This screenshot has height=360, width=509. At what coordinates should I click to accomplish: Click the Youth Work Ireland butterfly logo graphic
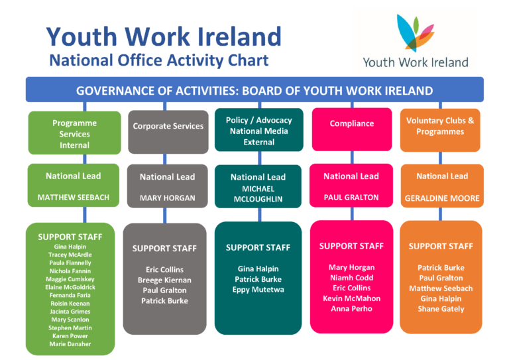415,32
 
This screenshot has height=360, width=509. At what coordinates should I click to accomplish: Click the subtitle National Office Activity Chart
159,60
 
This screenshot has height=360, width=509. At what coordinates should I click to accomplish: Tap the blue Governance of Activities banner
254,90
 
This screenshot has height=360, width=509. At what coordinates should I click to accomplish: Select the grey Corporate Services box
168,132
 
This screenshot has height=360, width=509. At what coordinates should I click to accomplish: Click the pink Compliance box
352,129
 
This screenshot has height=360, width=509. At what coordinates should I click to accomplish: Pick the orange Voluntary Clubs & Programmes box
440,130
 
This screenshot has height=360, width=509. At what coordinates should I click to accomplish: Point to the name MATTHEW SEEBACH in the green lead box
74,198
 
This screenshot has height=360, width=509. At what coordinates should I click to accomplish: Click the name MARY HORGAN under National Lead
168,198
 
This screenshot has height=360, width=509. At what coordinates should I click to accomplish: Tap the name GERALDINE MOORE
442,198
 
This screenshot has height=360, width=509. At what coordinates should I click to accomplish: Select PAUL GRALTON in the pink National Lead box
351,198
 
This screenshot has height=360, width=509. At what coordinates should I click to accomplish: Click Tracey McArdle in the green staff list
70,255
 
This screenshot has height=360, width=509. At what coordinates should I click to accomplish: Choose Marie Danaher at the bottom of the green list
70,344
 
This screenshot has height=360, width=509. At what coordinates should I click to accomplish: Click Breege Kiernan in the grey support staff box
164,280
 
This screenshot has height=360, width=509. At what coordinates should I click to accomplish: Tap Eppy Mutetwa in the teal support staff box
258,290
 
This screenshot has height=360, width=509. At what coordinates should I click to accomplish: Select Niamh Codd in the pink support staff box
351,278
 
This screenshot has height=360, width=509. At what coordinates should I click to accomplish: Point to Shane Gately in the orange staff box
441,309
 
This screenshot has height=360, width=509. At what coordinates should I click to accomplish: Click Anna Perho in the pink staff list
351,308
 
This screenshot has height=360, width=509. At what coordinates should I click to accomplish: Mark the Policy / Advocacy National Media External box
259,130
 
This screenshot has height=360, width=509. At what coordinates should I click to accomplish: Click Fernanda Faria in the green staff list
70,295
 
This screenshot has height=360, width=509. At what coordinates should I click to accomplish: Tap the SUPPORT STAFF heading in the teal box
258,248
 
